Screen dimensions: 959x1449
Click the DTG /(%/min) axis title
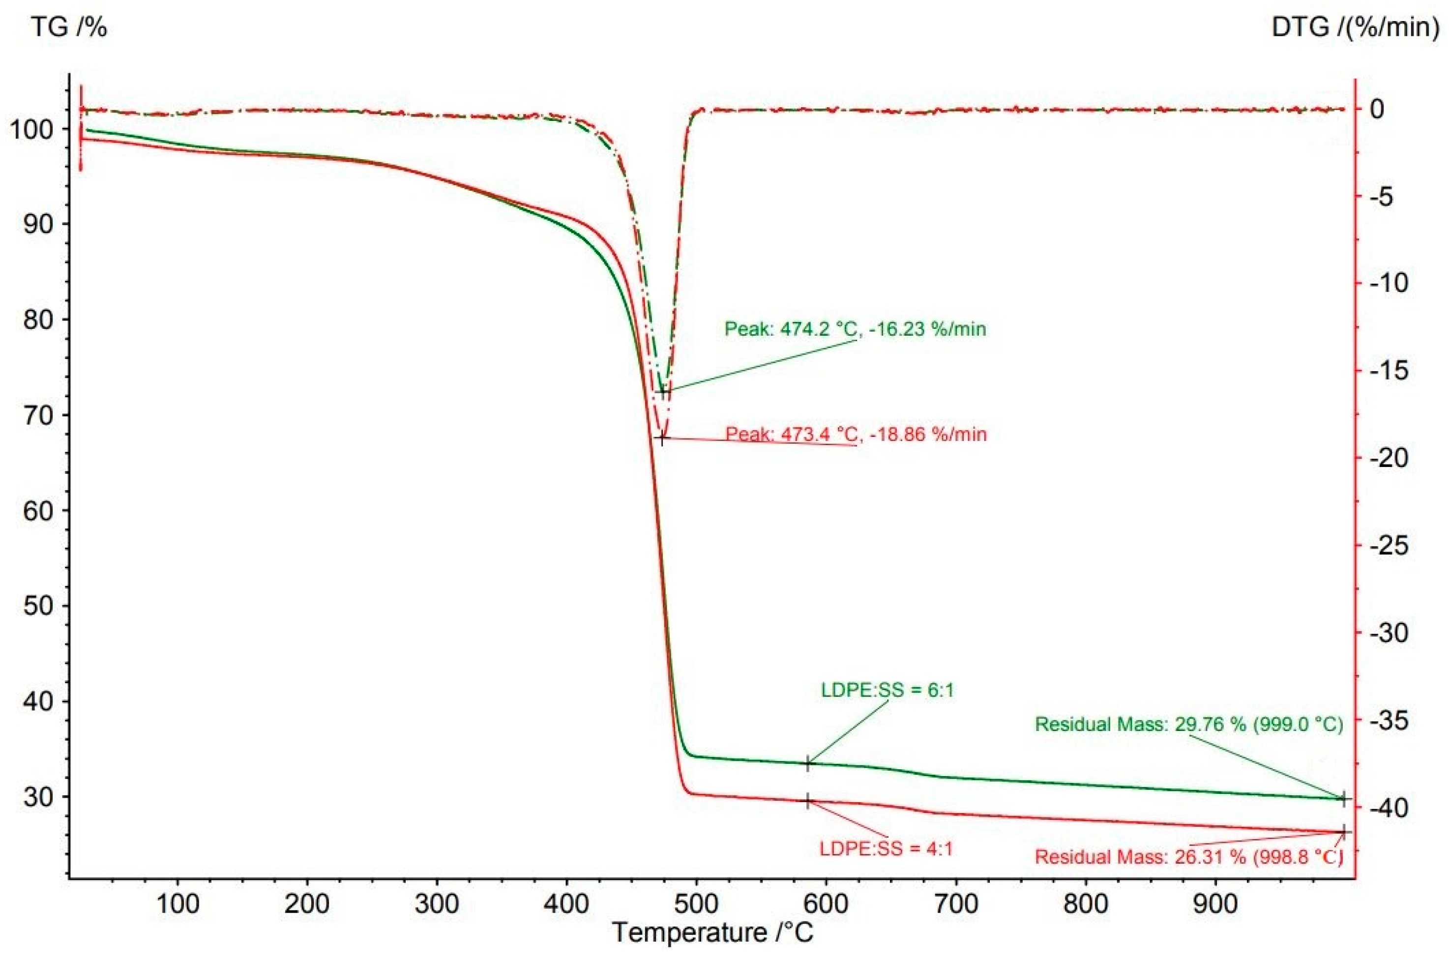1355,28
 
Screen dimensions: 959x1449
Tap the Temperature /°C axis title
713,932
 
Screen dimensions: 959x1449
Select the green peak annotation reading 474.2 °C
855,329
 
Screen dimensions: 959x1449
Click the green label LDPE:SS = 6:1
887,691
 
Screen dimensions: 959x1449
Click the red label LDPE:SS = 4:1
886,849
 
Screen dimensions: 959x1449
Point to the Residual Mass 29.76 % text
1188,725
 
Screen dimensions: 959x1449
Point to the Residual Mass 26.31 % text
1188,857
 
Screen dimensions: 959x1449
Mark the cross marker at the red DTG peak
661,438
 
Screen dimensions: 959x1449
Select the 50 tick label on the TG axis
38,606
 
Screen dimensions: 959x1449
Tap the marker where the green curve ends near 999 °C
1344,798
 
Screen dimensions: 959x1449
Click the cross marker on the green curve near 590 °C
808,763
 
